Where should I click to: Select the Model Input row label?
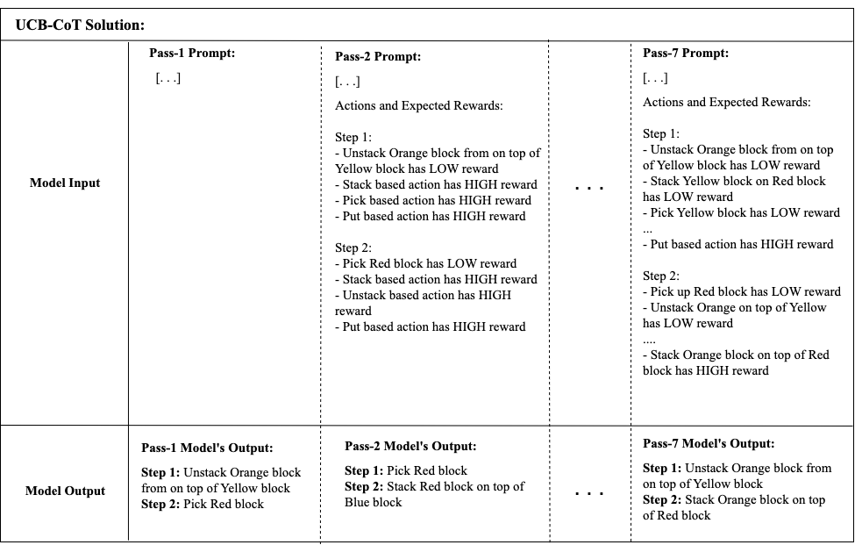coord(65,183)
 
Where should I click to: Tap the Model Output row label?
coord(66,491)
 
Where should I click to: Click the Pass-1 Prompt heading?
coord(193,54)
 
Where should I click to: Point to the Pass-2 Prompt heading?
coord(378,57)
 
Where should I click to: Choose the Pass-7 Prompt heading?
coord(686,54)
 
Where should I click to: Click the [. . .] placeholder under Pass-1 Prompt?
coord(168,78)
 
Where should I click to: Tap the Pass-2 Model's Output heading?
coord(410,447)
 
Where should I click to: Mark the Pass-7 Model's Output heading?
coord(709,444)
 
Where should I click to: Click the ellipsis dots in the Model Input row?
coord(588,187)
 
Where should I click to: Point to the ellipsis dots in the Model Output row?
coord(588,492)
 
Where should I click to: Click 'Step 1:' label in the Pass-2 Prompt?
coord(353,138)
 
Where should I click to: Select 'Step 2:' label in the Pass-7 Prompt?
coord(661,276)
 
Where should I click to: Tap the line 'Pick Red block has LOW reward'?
coord(429,263)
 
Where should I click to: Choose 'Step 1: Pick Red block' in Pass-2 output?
coord(406,470)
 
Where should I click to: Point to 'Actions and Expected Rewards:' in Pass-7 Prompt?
coord(727,102)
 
